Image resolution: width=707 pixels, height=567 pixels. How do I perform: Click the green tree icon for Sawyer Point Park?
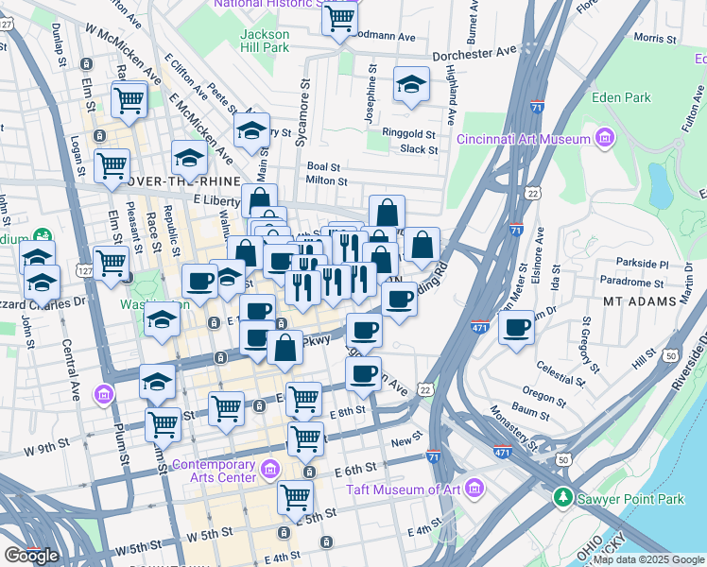(x=563, y=496)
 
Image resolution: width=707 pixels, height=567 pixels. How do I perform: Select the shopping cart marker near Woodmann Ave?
(x=339, y=18)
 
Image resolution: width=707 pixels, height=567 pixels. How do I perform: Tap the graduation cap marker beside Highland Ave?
(x=411, y=86)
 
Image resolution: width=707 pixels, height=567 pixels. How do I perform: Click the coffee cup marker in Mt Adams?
(x=516, y=330)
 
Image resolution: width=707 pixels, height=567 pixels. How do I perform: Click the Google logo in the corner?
(x=31, y=556)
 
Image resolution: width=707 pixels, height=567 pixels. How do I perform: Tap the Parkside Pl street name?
(x=641, y=265)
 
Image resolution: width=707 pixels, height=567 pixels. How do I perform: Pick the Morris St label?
(x=660, y=38)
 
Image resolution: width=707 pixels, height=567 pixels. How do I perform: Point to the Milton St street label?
(x=328, y=180)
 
